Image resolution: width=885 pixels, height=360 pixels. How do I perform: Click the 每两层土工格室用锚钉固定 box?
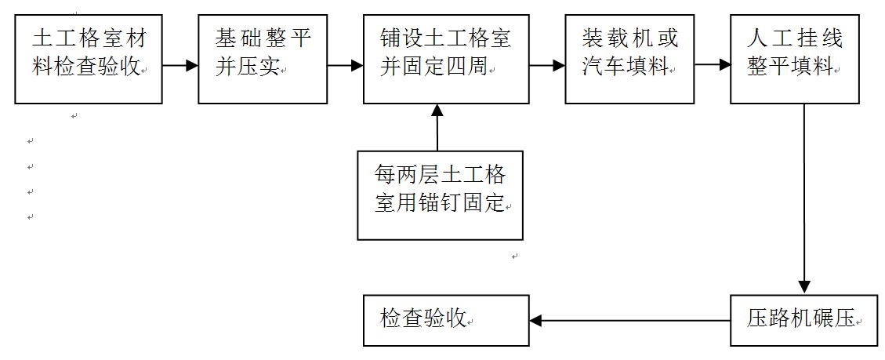(x=441, y=195)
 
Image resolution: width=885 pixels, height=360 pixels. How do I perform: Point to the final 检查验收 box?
(x=445, y=320)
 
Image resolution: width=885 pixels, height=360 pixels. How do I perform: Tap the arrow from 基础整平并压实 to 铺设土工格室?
(x=344, y=67)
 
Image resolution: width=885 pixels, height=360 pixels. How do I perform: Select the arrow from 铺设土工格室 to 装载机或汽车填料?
(x=547, y=67)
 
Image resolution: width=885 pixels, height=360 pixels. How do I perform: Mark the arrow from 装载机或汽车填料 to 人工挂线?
(x=712, y=67)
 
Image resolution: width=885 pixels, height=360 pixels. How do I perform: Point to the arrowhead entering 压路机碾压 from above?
(x=803, y=286)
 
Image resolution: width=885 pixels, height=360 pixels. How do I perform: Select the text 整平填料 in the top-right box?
(x=789, y=68)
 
